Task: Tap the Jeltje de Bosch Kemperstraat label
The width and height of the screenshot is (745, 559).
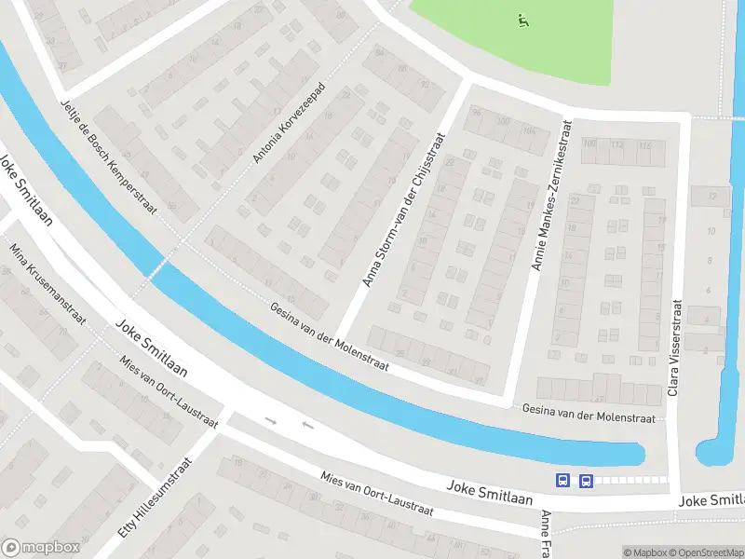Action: (107, 156)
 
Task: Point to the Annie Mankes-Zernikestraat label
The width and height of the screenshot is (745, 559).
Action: (550, 194)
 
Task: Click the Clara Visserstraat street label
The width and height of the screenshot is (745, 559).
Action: (675, 348)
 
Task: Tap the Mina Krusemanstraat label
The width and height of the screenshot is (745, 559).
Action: (47, 283)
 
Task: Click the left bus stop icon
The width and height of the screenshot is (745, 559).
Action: (562, 481)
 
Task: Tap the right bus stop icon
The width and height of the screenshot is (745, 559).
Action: (586, 481)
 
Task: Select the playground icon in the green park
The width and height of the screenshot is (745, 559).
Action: (522, 19)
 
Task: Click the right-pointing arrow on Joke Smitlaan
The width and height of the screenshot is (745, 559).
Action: (271, 421)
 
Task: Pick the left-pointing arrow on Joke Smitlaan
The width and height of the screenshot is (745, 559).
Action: (307, 427)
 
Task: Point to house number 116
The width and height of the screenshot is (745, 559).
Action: (644, 145)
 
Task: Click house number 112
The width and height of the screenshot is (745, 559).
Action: (616, 144)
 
